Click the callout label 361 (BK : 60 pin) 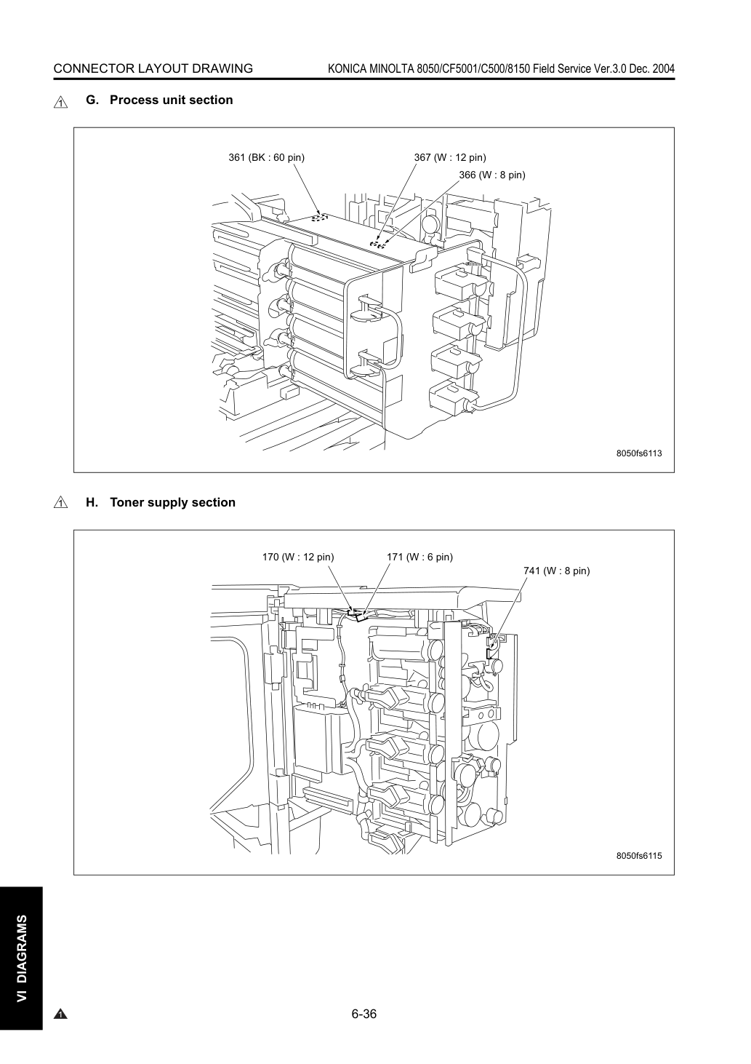266,157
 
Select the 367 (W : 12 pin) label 450,157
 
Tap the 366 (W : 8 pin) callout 492,175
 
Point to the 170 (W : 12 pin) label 298,557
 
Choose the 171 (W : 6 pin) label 419,557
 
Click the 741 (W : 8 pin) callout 556,571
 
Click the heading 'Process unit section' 172,100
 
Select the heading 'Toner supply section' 173,502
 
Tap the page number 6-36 364,1014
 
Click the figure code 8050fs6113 639,453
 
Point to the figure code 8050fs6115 639,855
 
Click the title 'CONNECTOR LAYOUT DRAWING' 153,68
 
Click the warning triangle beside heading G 61,102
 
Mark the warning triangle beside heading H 61,502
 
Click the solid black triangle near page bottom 60,1015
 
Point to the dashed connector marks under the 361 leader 319,218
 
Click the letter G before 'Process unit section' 92,100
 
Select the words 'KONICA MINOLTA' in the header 371,68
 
